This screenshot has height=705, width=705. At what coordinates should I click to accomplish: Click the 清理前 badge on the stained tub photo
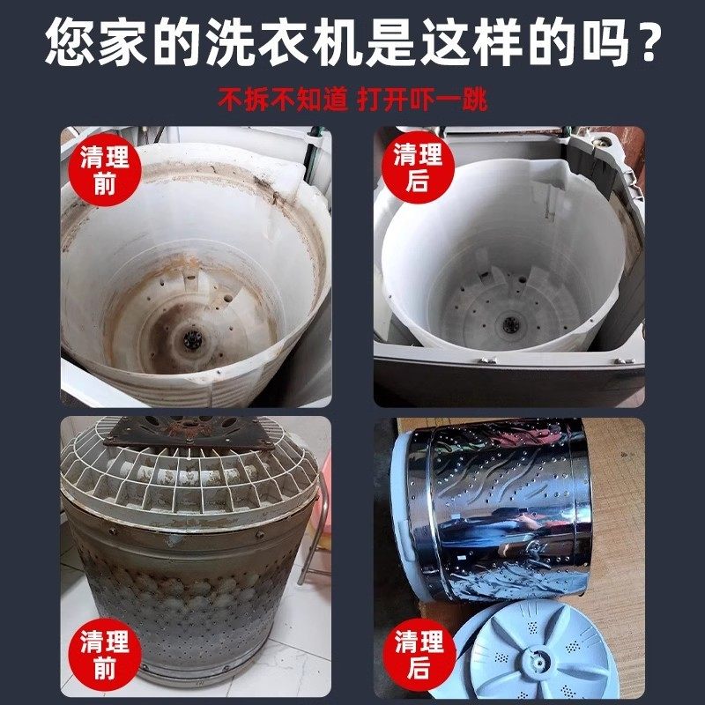pyautogui.click(x=104, y=171)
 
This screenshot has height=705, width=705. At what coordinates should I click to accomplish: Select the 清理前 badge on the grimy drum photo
pyautogui.click(x=104, y=653)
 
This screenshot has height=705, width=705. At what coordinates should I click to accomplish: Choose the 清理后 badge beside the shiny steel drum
pyautogui.click(x=418, y=653)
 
